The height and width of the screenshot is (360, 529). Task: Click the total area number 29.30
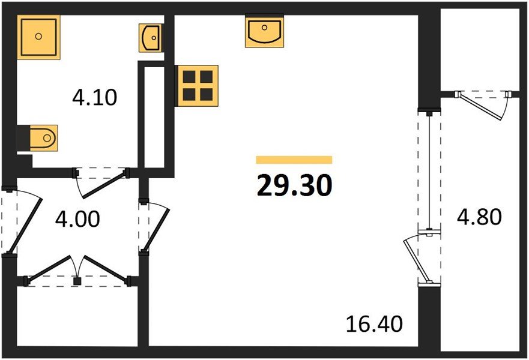[x=294, y=186]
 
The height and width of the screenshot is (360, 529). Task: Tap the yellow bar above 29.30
[x=294, y=160]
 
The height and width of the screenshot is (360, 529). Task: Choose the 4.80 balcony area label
[x=479, y=217]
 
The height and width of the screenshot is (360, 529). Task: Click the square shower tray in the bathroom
[x=38, y=37]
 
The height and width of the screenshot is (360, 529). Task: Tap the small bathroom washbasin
[x=150, y=37]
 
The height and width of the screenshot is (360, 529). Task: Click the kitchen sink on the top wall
[x=264, y=31]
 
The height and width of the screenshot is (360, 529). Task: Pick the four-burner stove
[x=197, y=85]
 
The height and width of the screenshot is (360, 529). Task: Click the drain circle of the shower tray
[x=38, y=37]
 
